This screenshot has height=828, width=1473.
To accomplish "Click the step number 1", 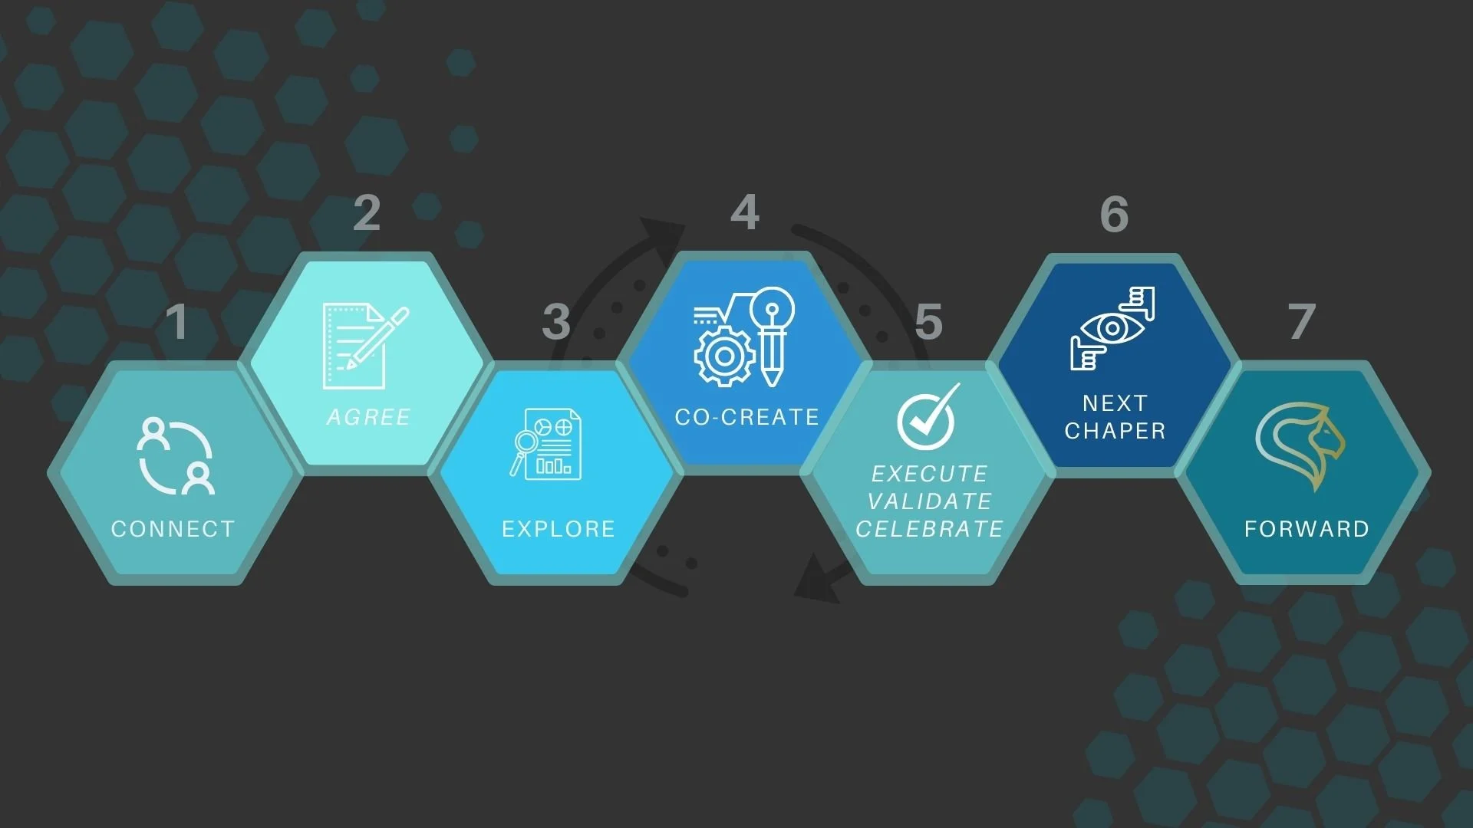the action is pos(177,322).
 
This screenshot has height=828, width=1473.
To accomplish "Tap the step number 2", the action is pos(367,213).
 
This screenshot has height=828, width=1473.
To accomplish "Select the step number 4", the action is pos(745,212).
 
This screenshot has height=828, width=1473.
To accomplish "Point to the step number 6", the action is pos(1114,214).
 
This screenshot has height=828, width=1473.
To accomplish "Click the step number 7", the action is pos(1302,322).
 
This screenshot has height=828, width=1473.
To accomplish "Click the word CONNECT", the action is pos(173,529).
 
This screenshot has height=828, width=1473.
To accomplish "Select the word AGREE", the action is pos(368,417).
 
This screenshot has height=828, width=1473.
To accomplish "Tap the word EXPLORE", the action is pos(558,529).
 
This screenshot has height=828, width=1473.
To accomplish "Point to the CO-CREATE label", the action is pos(746,417).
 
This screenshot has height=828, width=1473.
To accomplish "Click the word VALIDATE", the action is pos(930,501).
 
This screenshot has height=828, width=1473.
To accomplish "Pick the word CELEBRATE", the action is pos(929,529).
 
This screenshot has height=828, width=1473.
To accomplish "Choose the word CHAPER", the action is pos(1115,431).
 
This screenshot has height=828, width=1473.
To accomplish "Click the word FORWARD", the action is pos(1307,529).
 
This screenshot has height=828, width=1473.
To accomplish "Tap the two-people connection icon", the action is pos(176,457).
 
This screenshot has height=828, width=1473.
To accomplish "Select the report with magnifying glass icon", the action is pos(547,444).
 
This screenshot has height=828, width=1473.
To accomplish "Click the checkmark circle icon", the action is pos(927,418).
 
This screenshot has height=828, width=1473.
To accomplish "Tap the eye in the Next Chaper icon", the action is pos(1112,329).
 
